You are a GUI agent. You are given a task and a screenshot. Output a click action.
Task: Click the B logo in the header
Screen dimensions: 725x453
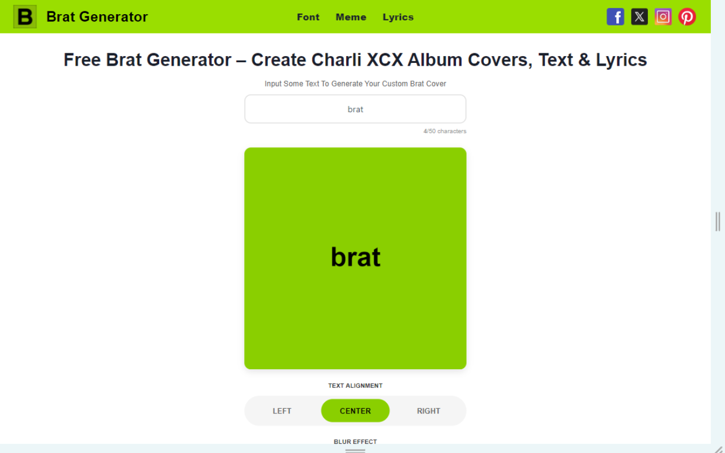click(x=25, y=16)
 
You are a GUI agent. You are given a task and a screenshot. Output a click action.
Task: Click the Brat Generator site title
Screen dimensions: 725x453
click(x=97, y=17)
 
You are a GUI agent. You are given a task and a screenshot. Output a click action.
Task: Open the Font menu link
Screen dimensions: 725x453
click(x=308, y=17)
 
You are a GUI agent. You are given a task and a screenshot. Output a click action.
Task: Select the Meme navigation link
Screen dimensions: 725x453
click(x=351, y=17)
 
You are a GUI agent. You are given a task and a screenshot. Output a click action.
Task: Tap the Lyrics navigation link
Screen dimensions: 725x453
click(x=398, y=17)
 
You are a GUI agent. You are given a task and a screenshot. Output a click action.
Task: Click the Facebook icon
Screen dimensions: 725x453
click(x=615, y=16)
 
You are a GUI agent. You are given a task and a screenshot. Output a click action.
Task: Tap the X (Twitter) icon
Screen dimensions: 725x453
click(x=639, y=16)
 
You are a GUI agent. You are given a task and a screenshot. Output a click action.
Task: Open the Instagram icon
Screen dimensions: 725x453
click(x=663, y=16)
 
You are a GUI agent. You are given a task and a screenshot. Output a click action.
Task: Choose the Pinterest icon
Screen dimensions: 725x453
click(x=687, y=16)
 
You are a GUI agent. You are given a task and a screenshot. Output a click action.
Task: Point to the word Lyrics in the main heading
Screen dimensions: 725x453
click(x=621, y=61)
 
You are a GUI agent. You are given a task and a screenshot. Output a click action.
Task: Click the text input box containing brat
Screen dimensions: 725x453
click(x=355, y=109)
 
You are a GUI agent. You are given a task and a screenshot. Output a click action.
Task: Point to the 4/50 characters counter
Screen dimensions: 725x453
click(x=445, y=131)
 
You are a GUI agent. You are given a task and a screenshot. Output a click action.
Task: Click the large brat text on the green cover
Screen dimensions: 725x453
click(x=355, y=257)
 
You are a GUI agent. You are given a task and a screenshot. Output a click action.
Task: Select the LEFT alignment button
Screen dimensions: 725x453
click(x=282, y=411)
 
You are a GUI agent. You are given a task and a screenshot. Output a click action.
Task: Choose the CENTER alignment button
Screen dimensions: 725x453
click(x=355, y=411)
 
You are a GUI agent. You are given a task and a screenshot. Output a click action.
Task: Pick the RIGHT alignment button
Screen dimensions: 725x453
click(x=429, y=411)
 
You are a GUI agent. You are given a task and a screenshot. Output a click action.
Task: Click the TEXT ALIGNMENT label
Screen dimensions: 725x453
click(x=355, y=386)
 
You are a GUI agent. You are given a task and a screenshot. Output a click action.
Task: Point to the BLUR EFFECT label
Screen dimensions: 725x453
click(x=355, y=442)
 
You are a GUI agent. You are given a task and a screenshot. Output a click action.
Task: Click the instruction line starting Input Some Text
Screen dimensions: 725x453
click(x=355, y=84)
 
